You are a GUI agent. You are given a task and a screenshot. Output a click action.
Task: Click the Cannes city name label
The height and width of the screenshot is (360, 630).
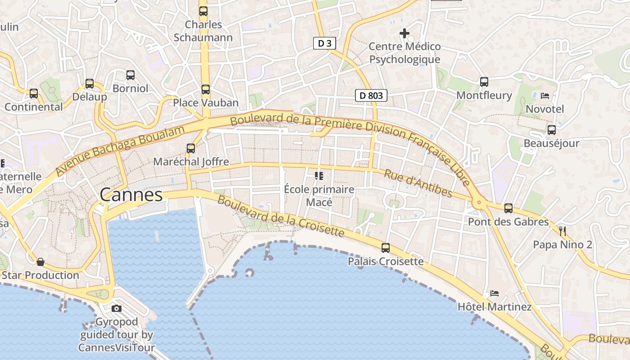point(131,195)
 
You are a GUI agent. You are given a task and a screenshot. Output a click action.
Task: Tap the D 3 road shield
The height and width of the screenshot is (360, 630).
point(324,43)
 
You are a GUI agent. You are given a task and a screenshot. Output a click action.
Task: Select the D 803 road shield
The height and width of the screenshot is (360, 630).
point(371,95)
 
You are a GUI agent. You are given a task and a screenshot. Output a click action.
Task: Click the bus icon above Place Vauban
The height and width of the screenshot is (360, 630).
point(206,90)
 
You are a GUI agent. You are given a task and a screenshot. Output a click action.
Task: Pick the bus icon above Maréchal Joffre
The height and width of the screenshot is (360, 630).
point(191,148)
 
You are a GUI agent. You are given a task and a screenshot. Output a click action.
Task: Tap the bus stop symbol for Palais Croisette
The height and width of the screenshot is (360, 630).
point(386,248)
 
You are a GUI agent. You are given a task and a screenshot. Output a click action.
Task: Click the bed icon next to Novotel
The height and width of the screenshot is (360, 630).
point(545,95)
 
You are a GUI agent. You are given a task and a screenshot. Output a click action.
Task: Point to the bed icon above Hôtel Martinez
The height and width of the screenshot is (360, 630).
point(495,293)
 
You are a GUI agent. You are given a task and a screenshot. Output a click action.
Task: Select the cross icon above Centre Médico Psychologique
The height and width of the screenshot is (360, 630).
point(405,33)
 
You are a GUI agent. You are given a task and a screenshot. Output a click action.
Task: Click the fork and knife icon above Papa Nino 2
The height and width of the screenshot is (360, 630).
point(562,231)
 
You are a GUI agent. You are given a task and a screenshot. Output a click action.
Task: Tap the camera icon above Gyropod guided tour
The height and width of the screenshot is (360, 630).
point(117,308)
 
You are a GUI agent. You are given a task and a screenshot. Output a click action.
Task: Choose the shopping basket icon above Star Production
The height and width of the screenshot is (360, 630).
point(40,261)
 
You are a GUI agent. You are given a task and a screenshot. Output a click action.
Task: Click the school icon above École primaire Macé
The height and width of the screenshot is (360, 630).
point(319,175)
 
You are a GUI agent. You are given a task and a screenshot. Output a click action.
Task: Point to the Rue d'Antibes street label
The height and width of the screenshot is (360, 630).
point(418,183)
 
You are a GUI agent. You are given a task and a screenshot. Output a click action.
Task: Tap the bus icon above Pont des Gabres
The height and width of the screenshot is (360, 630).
point(508,208)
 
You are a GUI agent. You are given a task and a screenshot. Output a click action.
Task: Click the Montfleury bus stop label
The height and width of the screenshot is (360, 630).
point(484,95)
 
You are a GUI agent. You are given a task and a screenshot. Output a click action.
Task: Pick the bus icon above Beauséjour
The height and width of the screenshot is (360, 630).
point(552,130)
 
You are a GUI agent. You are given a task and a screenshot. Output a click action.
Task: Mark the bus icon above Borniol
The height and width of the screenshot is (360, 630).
point(130,75)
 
